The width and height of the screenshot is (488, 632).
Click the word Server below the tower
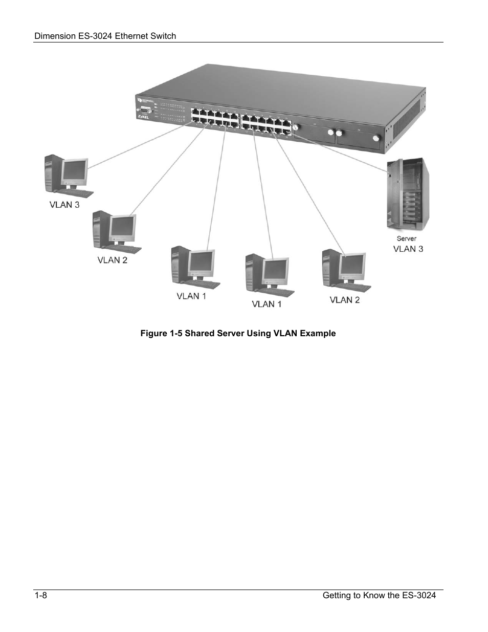pyautogui.click(x=407, y=238)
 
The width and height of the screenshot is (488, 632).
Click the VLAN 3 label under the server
pyautogui.click(x=408, y=249)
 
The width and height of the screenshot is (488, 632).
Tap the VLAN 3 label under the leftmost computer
pyautogui.click(x=64, y=205)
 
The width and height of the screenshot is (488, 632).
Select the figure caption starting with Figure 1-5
pyautogui.click(x=238, y=333)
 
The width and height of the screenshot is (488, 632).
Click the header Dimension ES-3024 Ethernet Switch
pyautogui.click(x=105, y=36)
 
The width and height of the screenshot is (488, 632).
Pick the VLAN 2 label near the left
pyautogui.click(x=113, y=260)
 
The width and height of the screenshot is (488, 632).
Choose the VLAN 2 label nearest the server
pyautogui.click(x=344, y=300)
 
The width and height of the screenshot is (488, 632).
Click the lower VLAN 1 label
pyautogui.click(x=267, y=304)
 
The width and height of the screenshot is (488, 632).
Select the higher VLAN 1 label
pyautogui.click(x=191, y=296)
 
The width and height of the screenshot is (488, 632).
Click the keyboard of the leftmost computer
pyautogui.click(x=76, y=193)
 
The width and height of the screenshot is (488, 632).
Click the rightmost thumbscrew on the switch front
pyautogui.click(x=376, y=138)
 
